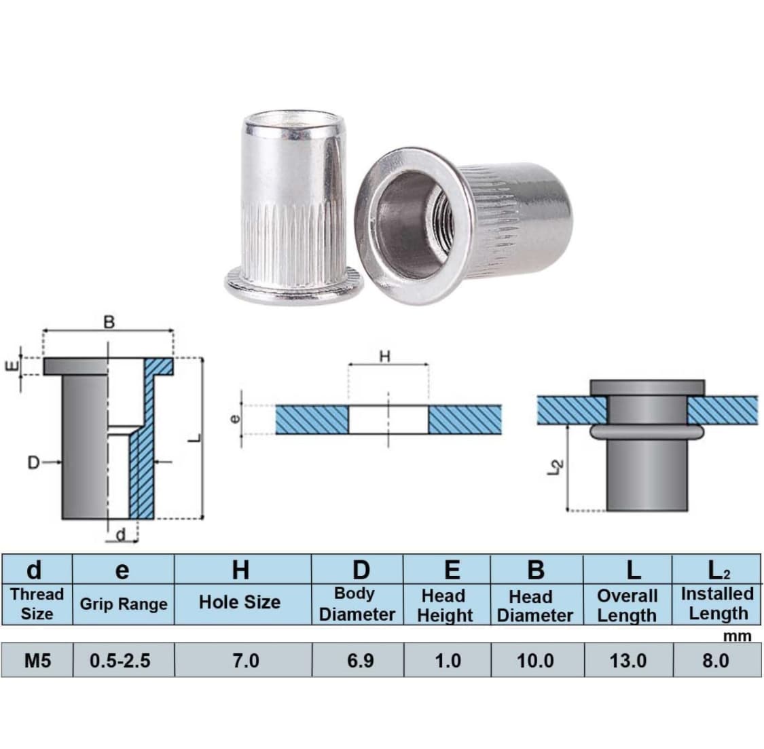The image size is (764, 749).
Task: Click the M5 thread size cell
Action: point(37,661)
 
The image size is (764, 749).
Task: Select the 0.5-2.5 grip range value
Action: point(120,661)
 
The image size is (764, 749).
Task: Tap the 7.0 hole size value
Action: point(246,661)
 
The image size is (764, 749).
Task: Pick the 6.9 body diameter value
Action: point(361,661)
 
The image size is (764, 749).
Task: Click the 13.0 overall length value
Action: point(628,661)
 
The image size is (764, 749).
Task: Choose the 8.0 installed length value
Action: point(716,661)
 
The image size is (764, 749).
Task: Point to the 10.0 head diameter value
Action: point(535,661)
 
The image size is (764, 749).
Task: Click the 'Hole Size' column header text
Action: point(240,602)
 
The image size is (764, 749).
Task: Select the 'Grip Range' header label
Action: point(124,604)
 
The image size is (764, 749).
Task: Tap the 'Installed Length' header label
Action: point(717,604)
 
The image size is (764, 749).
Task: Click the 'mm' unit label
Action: point(738,636)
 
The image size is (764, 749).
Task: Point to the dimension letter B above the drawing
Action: point(109,322)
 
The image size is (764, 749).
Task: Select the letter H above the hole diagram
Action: point(385,357)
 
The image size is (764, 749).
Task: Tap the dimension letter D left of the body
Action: point(34,462)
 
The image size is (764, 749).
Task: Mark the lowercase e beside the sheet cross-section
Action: point(235,419)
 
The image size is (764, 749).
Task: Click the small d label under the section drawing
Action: point(121,534)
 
